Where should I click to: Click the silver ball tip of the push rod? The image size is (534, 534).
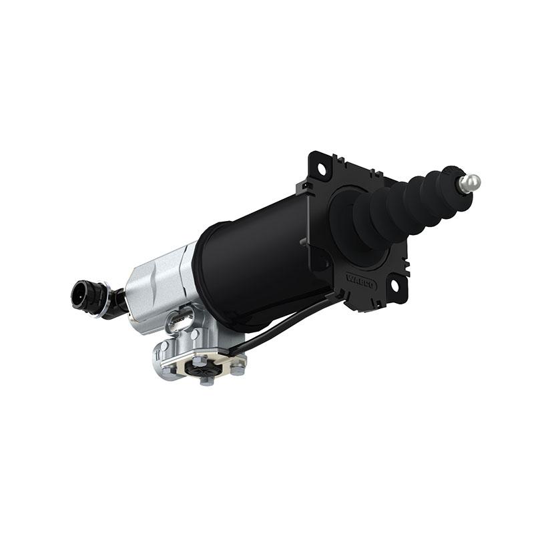(471, 182)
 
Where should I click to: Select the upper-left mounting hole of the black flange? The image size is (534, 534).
(321, 170)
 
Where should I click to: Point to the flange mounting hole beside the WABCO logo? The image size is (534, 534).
(394, 286)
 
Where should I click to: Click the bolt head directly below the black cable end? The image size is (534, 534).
(236, 366)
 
